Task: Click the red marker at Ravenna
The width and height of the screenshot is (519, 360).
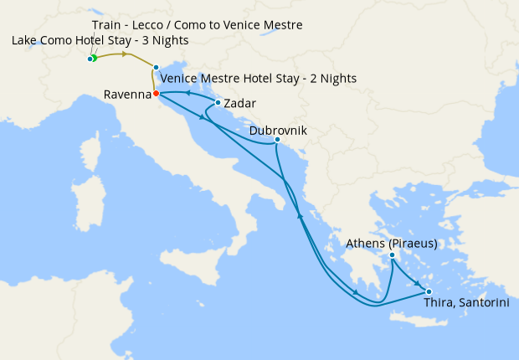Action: [157, 93]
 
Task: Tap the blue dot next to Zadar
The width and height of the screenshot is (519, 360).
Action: [218, 103]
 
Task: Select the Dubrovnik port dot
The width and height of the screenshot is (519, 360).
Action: [277, 140]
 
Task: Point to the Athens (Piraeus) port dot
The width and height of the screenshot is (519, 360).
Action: [392, 255]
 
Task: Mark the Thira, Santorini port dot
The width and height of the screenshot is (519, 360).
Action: [429, 291]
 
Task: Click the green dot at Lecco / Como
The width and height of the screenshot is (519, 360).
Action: [95, 58]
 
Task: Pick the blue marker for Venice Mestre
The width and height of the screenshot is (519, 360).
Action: [157, 67]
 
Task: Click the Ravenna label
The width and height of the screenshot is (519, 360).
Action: [126, 95]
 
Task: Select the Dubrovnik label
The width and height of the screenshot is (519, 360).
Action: [278, 131]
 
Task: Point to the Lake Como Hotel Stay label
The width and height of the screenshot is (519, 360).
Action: [100, 40]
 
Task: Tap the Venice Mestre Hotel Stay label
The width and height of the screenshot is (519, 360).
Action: [258, 78]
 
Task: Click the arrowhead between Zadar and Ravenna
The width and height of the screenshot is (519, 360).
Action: [188, 94]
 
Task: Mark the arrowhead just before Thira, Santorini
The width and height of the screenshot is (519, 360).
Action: [417, 285]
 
